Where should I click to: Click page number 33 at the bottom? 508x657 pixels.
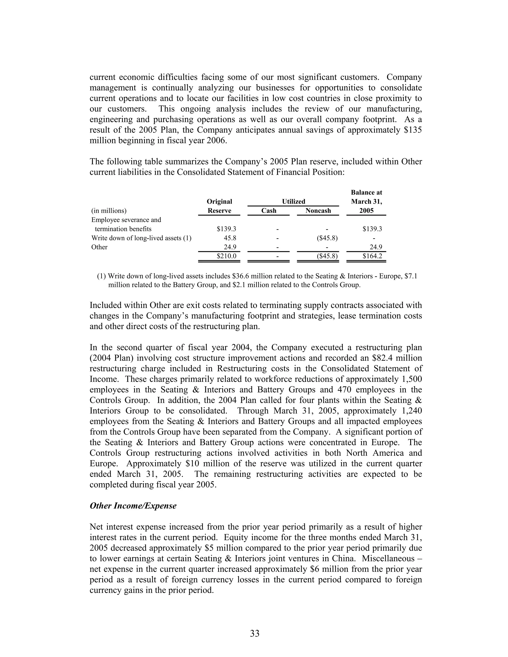pos(254,633)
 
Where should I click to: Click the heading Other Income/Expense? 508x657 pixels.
pos(133,506)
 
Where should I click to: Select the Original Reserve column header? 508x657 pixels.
pos(219,206)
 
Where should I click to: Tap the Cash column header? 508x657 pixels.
pos(268,210)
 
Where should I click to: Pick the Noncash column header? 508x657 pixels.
pos(318,210)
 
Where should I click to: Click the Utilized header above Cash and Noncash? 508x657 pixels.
pos(293,202)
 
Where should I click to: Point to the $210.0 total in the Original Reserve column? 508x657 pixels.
pos(226,256)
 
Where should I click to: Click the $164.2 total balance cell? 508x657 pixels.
pos(372,256)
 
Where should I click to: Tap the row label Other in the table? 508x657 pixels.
pos(99,247)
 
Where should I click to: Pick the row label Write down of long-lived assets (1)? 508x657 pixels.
pos(141,238)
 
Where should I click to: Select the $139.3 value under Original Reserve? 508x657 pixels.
pos(226,229)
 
